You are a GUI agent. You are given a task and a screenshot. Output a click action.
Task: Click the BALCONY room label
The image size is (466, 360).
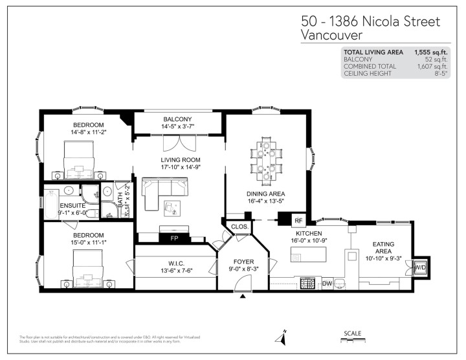[x=177, y=119]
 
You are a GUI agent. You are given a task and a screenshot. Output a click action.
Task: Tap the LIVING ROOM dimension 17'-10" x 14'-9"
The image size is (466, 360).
[x=181, y=168]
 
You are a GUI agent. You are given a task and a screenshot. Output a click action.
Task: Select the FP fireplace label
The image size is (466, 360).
[x=175, y=238]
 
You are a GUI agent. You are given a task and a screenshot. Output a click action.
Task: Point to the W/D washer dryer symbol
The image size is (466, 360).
[x=420, y=267]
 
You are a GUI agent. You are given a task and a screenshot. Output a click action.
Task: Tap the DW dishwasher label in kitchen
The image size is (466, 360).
[x=327, y=283]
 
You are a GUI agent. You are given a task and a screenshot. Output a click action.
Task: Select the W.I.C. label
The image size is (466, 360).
[x=173, y=262]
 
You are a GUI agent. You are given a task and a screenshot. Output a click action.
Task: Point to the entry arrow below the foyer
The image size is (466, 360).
[x=243, y=297]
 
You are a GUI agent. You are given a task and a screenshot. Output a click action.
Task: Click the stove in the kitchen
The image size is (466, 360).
[x=307, y=283]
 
